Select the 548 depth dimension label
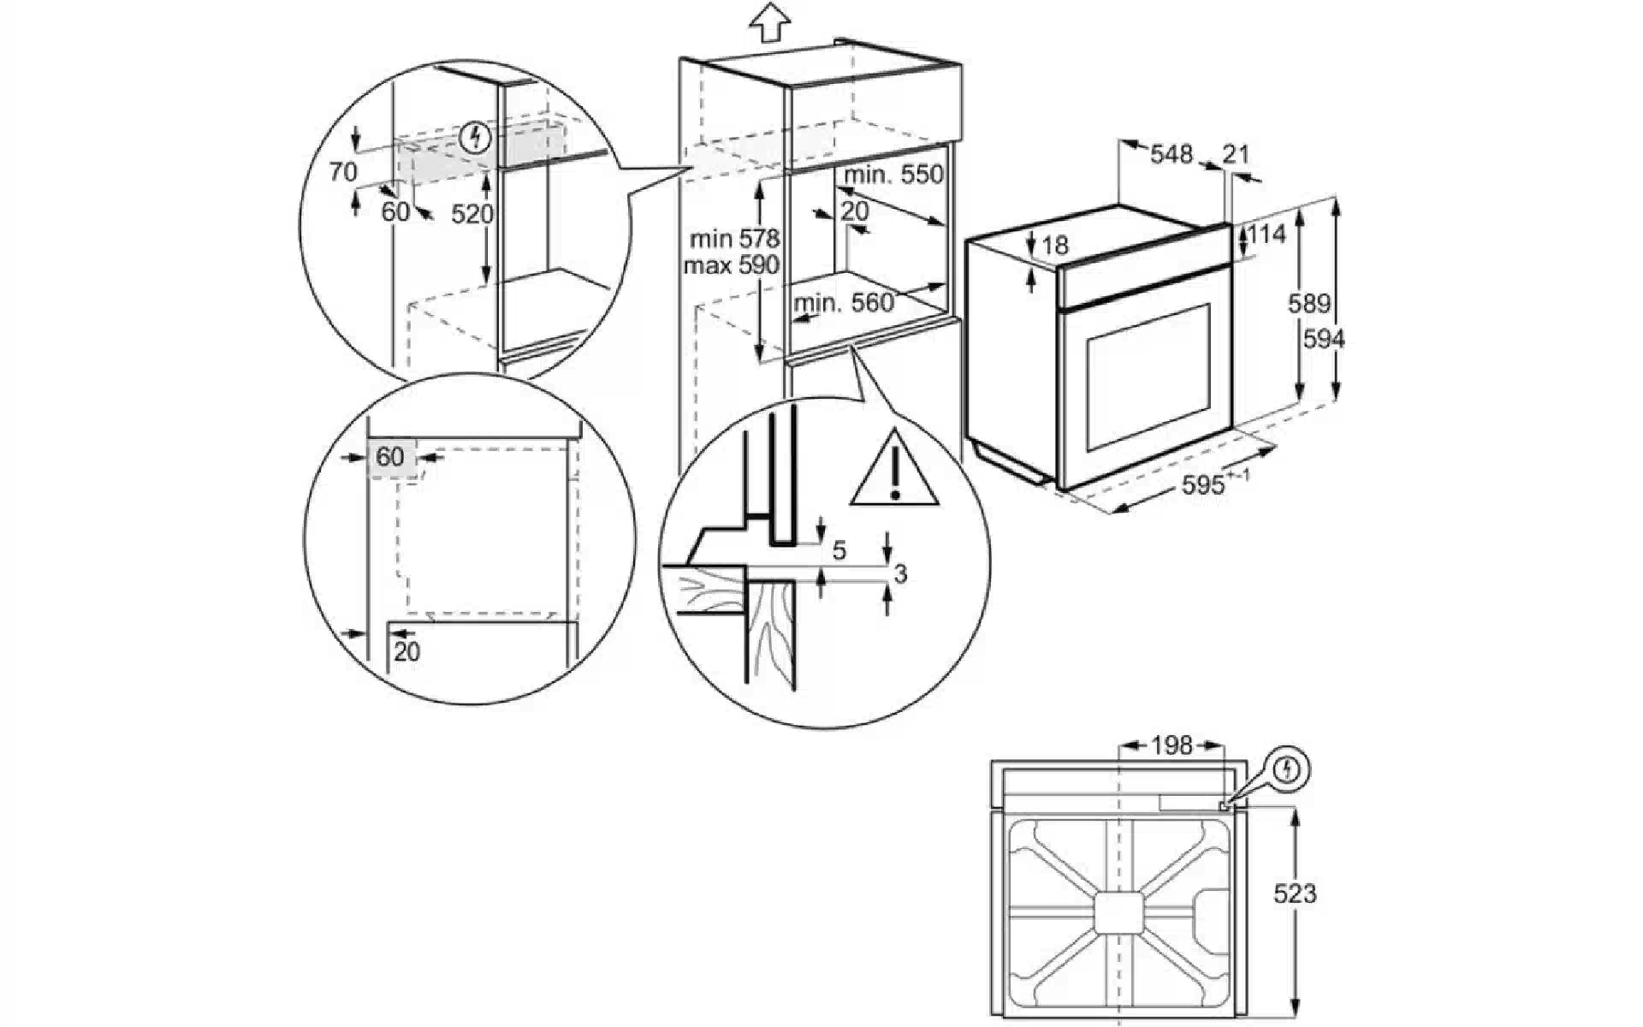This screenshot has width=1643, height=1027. (x=1171, y=154)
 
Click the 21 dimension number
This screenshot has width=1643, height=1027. (x=1236, y=154)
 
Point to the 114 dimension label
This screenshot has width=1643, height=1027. (x=1266, y=234)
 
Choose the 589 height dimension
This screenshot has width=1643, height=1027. (x=1309, y=304)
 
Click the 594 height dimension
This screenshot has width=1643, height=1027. (x=1324, y=340)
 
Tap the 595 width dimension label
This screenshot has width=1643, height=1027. (x=1203, y=485)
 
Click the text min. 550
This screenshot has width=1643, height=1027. (x=893, y=175)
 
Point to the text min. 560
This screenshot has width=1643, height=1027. (x=844, y=302)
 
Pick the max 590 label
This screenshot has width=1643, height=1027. (x=731, y=265)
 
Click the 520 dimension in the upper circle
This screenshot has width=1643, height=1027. (x=472, y=214)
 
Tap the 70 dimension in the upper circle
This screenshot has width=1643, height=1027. (x=343, y=172)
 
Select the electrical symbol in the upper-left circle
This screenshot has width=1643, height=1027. (x=475, y=137)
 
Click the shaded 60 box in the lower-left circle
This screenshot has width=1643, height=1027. (x=390, y=457)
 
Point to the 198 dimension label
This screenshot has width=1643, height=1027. (x=1171, y=746)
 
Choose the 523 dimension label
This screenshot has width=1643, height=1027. (x=1295, y=894)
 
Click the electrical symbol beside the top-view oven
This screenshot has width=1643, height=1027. (x=1287, y=770)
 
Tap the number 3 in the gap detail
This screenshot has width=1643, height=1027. (x=899, y=574)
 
